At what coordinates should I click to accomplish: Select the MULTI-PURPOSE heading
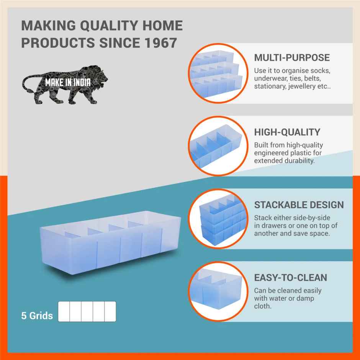pyautogui.click(x=292, y=58)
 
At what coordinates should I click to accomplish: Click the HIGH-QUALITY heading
pyautogui.click(x=287, y=133)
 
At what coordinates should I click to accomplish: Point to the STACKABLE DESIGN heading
pyautogui.click(x=299, y=205)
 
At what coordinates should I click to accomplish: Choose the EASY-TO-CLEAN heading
pyautogui.click(x=291, y=278)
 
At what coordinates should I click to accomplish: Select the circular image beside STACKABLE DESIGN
pyautogui.click(x=217, y=219)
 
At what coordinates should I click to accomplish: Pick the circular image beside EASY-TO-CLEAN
pyautogui.click(x=217, y=291)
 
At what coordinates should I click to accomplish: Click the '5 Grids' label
pyautogui.click(x=37, y=316)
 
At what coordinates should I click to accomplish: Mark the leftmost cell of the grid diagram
pyautogui.click(x=64, y=311)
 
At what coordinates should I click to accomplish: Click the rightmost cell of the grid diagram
pyautogui.click(x=110, y=311)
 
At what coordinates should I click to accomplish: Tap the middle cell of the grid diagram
pyautogui.click(x=87, y=311)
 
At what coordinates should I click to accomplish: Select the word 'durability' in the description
pyautogui.click(x=297, y=161)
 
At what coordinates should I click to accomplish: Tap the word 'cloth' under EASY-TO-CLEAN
pyautogui.click(x=262, y=306)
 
